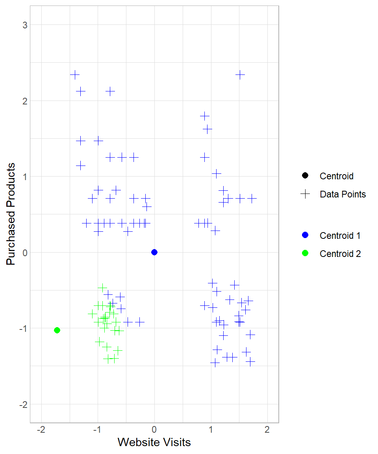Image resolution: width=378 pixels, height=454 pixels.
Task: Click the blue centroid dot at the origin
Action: point(154,252)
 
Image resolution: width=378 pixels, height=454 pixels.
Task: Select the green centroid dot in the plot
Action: point(57,330)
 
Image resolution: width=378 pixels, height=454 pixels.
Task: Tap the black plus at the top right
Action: point(240,74)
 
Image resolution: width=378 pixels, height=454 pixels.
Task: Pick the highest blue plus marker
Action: point(75,74)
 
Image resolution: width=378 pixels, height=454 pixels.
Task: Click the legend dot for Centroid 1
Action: point(305,235)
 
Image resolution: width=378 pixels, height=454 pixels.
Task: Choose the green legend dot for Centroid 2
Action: point(305,253)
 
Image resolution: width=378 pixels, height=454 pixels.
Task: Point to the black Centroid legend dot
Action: point(305,176)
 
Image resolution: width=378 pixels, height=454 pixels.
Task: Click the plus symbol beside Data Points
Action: point(305,194)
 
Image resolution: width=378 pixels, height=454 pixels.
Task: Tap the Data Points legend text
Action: point(343,194)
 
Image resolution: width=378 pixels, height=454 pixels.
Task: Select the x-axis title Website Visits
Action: point(154,442)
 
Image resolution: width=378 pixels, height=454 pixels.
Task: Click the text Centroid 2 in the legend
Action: point(340,254)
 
